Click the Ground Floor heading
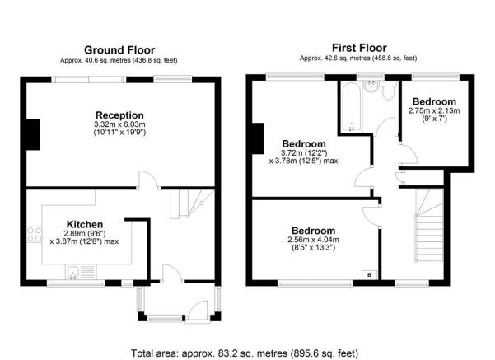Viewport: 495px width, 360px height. click(119, 50)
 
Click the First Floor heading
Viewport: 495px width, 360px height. click(359, 48)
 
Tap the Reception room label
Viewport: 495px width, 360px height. click(119, 115)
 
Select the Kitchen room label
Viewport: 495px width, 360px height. click(85, 224)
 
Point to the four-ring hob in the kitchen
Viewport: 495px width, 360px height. click(34, 234)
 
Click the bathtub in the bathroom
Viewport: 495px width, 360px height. click(350, 106)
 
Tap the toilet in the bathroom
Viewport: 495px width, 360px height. click(388, 91)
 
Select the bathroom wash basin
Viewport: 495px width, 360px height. click(371, 86)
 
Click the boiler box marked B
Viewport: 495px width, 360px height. click(369, 275)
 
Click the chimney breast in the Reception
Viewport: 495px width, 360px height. click(33, 134)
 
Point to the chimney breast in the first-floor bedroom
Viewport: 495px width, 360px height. click(258, 138)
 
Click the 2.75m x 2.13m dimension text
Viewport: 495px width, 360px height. click(434, 110)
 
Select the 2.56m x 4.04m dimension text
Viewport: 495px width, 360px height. click(313, 240)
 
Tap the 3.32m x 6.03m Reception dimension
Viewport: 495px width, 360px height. click(119, 124)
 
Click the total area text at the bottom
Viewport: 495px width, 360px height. click(245, 353)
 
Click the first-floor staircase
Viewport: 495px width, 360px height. click(429, 226)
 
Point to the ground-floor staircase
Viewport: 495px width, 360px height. click(192, 203)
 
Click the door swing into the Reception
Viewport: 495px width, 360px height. click(149, 180)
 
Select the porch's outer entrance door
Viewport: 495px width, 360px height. click(198, 311)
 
